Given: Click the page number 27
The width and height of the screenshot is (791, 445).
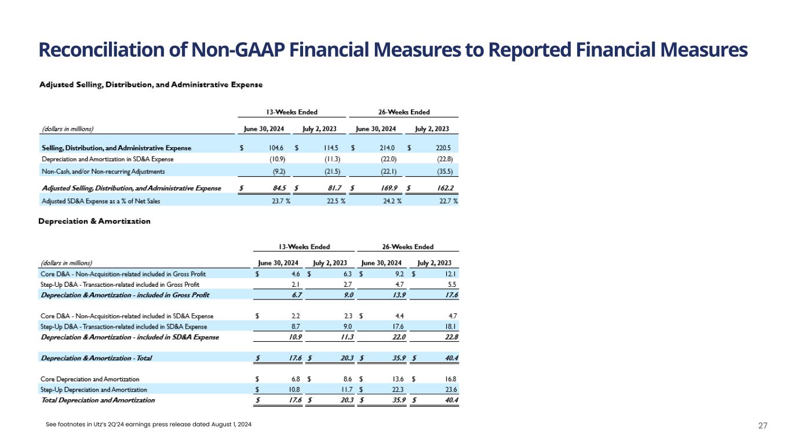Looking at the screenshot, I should [763, 426].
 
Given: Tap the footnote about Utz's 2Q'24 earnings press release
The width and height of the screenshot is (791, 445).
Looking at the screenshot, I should [149, 426].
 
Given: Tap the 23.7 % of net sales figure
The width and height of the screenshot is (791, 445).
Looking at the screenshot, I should [281, 201].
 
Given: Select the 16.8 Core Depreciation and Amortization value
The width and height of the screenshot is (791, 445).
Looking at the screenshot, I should [450, 379].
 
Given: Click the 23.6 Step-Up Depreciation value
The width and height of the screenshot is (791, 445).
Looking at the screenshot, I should [450, 389].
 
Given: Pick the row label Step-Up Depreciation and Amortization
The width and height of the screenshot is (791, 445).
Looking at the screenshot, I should [94, 389].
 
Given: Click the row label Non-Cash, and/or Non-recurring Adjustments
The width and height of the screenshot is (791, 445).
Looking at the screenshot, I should [103, 172].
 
